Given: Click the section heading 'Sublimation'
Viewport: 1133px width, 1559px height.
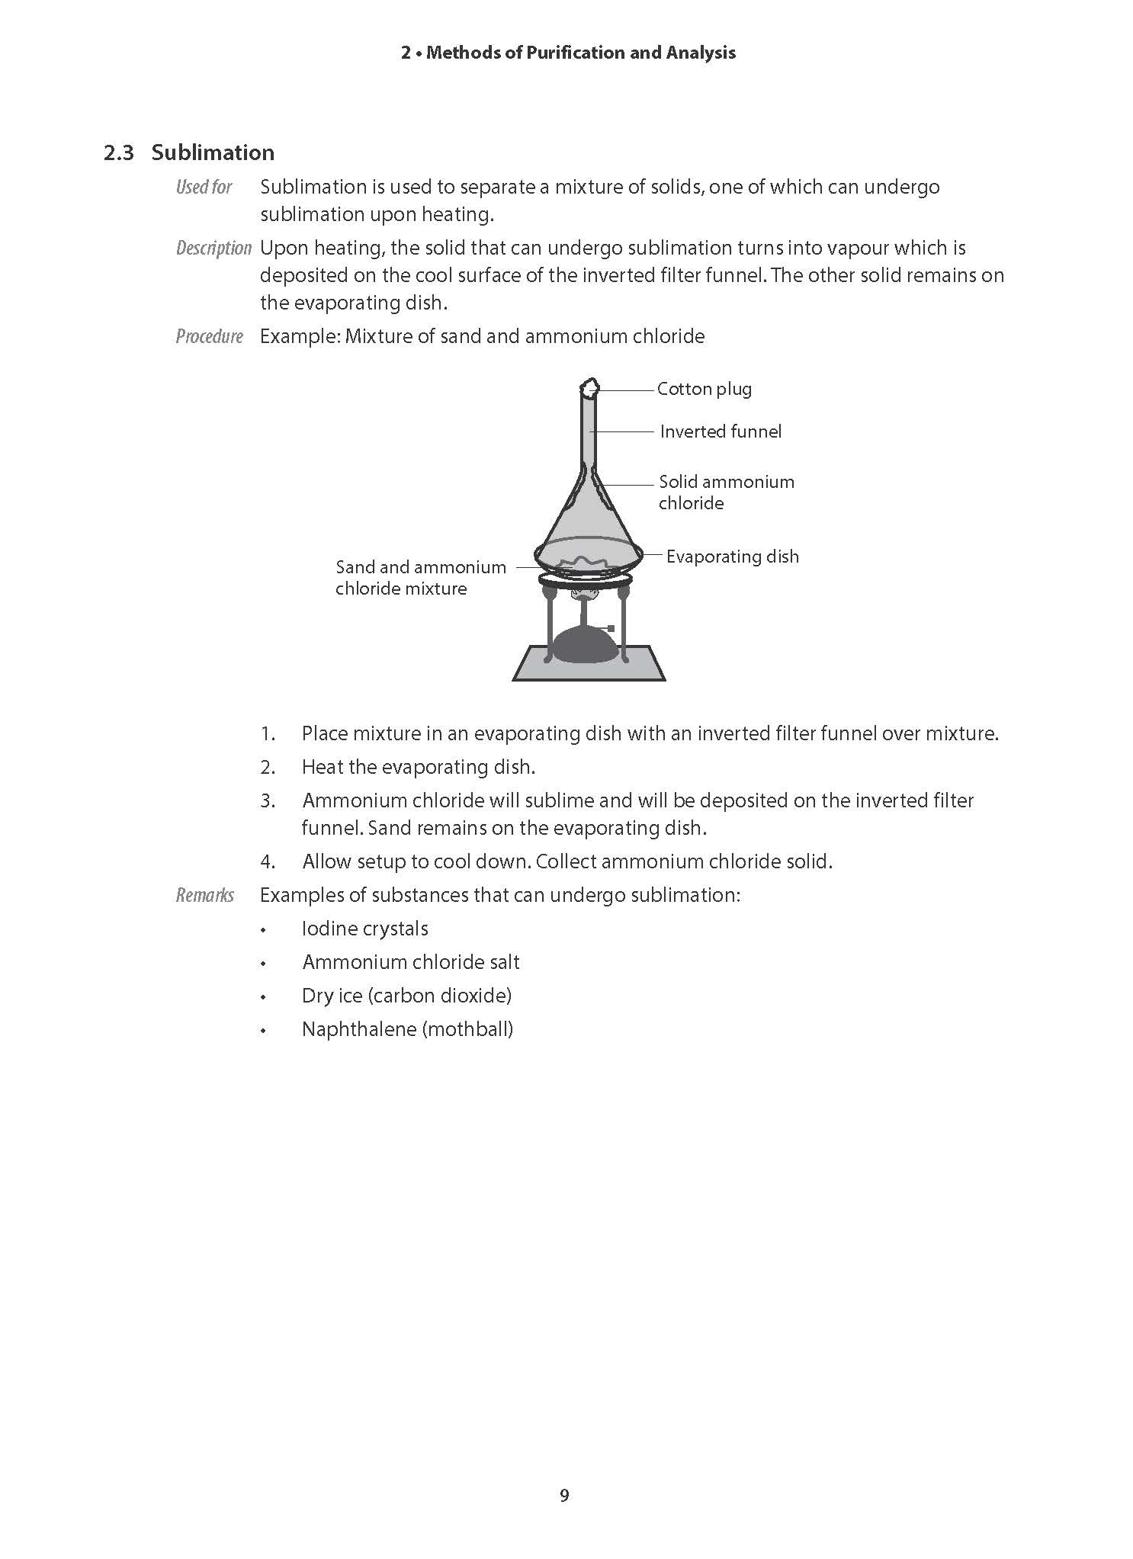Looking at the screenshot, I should click(x=213, y=152).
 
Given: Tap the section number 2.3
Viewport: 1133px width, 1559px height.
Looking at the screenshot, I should click(x=118, y=153).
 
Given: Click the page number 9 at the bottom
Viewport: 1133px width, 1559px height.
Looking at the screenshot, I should click(x=564, y=1496).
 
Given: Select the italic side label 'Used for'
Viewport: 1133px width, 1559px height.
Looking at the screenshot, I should click(x=204, y=187).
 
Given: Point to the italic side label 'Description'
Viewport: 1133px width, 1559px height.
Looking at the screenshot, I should click(x=213, y=248).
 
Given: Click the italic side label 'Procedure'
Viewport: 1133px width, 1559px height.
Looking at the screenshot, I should click(x=209, y=336).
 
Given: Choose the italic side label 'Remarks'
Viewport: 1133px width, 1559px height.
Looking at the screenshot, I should click(x=204, y=895).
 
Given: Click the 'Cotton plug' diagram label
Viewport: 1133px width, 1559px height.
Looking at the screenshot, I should click(x=704, y=389).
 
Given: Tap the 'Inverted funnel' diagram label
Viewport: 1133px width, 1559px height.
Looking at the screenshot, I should click(x=721, y=431).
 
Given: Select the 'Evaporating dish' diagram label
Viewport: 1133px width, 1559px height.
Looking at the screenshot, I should click(x=732, y=557).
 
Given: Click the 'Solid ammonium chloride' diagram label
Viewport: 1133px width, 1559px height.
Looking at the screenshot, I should click(x=726, y=492).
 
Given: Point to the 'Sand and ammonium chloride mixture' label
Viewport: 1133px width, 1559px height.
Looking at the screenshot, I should click(x=420, y=577).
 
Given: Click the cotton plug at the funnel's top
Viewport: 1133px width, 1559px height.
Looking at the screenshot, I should click(x=589, y=388).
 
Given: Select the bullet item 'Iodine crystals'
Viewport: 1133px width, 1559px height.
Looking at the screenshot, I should click(x=364, y=929).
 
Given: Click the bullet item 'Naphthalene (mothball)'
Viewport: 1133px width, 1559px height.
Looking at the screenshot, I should click(x=407, y=1029).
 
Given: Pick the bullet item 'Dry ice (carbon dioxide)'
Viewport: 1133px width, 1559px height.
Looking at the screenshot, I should click(x=406, y=996).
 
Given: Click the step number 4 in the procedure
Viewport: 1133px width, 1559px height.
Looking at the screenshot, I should click(x=268, y=862).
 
